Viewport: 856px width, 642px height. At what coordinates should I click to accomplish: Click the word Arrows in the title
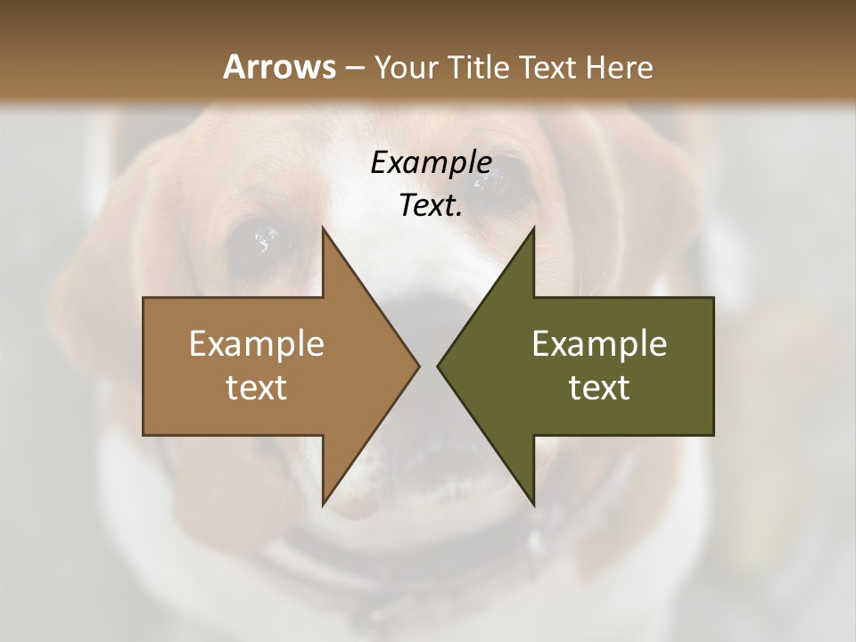point(278,67)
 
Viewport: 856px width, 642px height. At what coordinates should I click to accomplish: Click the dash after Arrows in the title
point(354,68)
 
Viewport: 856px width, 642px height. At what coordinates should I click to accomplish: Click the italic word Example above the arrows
point(431,163)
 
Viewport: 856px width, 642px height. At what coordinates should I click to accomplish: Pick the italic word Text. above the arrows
point(431,206)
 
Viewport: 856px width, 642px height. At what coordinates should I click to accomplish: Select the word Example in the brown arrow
point(257,344)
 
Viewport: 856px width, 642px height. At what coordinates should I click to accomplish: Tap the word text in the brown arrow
point(257,388)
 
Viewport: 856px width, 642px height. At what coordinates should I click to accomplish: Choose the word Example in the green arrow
point(599,344)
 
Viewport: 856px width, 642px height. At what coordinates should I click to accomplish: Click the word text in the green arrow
point(599,388)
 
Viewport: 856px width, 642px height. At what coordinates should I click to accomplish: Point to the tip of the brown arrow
point(417,366)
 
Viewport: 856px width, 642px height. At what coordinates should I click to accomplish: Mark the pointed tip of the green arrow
point(440,366)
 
